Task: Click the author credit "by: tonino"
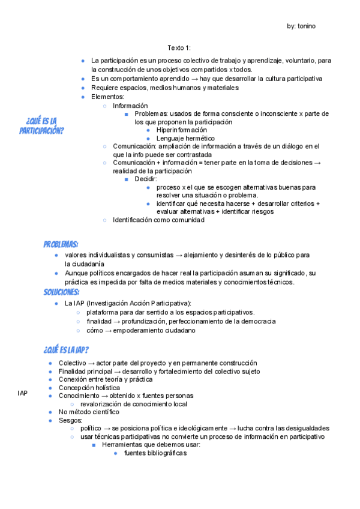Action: [301, 26]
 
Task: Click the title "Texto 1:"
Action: [179, 48]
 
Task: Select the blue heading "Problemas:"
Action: [61, 244]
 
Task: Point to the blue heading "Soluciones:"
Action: [61, 292]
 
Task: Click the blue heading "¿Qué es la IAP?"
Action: [66, 350]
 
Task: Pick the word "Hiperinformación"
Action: [181, 130]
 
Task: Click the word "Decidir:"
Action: [146, 179]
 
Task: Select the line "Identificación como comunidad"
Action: [158, 220]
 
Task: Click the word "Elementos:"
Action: [108, 97]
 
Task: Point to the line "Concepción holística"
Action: [89, 388]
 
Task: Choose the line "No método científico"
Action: [89, 412]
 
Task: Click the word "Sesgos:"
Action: [70, 420]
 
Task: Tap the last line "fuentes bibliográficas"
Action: [155, 453]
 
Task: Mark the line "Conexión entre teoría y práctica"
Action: [106, 379]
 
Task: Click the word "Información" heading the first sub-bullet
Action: [130, 105]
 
